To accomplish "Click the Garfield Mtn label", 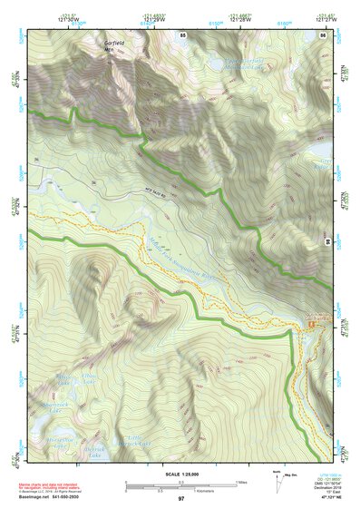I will (115, 45).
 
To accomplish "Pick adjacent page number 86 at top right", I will (322, 34).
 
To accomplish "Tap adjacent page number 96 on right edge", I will (327, 243).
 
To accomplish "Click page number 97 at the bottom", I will (180, 499).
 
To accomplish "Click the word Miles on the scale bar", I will (239, 484).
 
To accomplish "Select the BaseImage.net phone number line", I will (52, 498).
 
